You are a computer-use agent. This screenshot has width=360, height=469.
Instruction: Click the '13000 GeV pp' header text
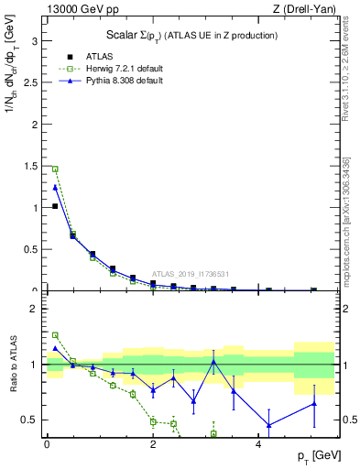point(80,9)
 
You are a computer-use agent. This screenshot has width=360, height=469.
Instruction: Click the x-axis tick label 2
point(153,443)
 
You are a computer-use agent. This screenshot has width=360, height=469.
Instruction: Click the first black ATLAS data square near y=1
point(55,206)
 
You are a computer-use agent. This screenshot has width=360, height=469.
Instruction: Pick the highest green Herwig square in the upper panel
point(55,169)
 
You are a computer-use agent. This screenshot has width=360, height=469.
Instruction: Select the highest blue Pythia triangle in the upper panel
point(55,187)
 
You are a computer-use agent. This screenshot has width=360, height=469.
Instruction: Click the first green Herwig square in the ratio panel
point(55,335)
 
